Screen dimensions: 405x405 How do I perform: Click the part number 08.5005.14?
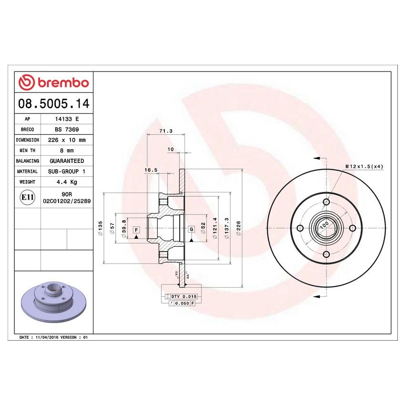(53, 102)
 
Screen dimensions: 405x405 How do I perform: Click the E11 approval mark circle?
(28, 197)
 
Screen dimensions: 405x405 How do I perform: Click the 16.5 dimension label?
(151, 170)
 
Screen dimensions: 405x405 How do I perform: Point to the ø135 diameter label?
(101, 227)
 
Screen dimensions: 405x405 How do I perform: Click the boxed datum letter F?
(136, 230)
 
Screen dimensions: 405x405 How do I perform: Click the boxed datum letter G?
(192, 230)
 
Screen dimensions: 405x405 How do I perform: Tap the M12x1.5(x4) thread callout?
(364, 166)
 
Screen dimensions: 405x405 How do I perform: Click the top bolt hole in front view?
(326, 202)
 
